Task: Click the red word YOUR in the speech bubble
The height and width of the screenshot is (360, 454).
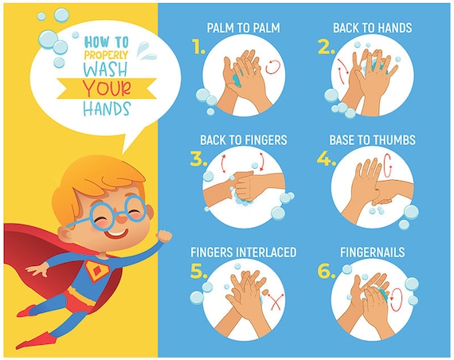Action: tap(107, 88)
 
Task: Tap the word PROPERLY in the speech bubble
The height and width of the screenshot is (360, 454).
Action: tap(106, 55)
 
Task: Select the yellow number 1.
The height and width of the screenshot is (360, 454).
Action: tap(198, 47)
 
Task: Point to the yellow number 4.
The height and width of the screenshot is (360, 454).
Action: tap(326, 158)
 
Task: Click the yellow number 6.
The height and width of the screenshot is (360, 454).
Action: tap(327, 271)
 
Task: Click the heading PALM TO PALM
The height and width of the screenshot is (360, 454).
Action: tap(244, 28)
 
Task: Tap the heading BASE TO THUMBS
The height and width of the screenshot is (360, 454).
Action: tap(372, 140)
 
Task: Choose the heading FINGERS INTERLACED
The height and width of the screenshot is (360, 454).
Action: tap(244, 252)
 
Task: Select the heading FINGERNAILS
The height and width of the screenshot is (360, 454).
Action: tap(372, 252)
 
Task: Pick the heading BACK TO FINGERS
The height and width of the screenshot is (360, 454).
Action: tap(244, 140)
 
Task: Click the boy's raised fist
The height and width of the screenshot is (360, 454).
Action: tap(164, 236)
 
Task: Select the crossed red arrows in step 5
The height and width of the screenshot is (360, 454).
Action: tap(275, 302)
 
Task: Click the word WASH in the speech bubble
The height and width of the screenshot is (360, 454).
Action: tap(107, 69)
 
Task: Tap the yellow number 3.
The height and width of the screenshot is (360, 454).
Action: tap(198, 158)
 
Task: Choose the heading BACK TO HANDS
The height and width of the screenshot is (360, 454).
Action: tap(372, 28)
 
